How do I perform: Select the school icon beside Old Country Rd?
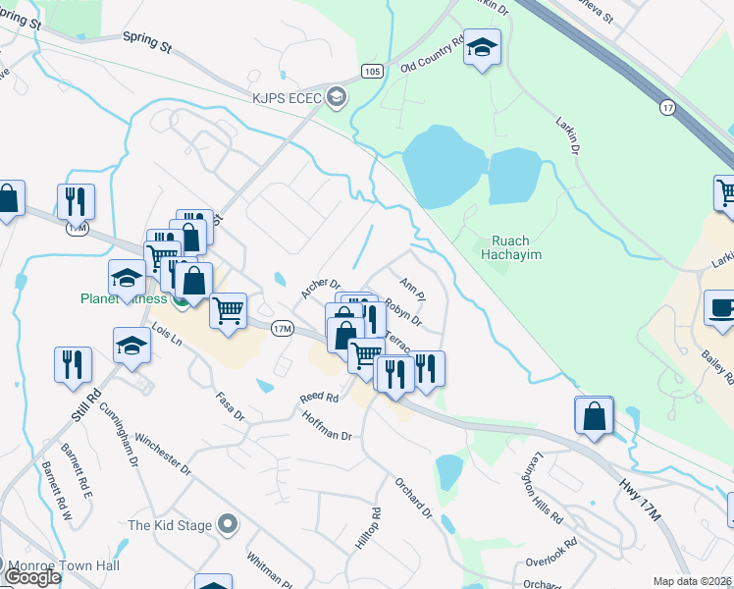coord(482,48)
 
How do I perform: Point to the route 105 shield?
coord(370,72)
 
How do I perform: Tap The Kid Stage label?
coord(170,524)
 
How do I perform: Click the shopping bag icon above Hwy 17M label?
coord(595,415)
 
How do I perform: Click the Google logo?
coord(31,577)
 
